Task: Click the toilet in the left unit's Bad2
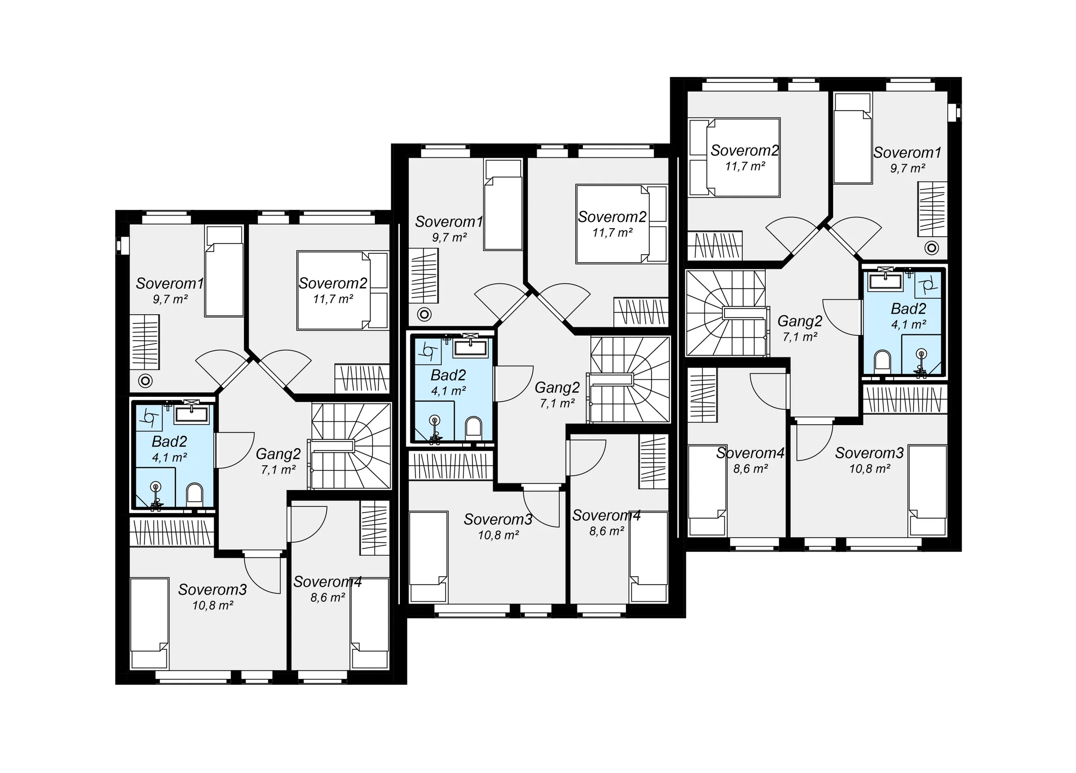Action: pos(194,494)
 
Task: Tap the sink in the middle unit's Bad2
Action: pos(470,348)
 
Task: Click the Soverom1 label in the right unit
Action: pos(907,152)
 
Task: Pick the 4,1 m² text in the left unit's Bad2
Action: pos(169,457)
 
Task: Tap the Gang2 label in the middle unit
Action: pos(557,388)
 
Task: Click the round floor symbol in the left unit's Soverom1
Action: pos(145,381)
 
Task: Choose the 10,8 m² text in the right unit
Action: pos(870,469)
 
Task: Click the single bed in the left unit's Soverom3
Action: pos(149,623)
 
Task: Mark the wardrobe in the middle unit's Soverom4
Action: pos(653,462)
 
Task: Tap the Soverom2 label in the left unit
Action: pos(333,283)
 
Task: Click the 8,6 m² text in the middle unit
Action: pos(606,531)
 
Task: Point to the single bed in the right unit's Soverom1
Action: pos(853,138)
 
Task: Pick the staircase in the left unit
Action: pos(351,446)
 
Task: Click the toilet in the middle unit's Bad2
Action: pos(473,427)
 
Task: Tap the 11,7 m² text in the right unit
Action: pos(745,166)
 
